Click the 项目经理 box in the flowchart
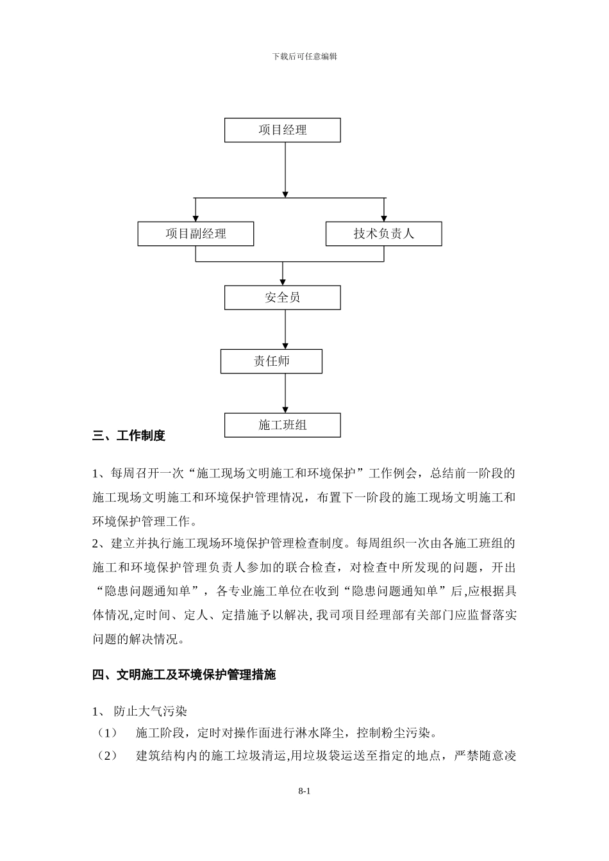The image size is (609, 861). tap(282, 130)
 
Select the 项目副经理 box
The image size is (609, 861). tap(196, 234)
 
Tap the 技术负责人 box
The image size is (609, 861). tap(383, 234)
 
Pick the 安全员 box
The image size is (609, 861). tap(282, 298)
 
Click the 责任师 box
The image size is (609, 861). tap(271, 361)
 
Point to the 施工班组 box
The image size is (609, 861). tap(282, 425)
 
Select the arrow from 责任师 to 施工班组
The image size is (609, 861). tap(285, 393)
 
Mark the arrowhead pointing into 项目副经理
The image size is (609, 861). tap(196, 218)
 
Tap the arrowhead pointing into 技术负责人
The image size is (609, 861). tap(384, 218)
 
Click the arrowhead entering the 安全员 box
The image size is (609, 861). tap(283, 283)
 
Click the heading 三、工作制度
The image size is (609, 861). tap(129, 436)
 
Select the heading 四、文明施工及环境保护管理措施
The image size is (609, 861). tap(184, 675)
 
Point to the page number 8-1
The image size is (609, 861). tap(304, 792)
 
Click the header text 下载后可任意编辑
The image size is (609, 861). tap(304, 56)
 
